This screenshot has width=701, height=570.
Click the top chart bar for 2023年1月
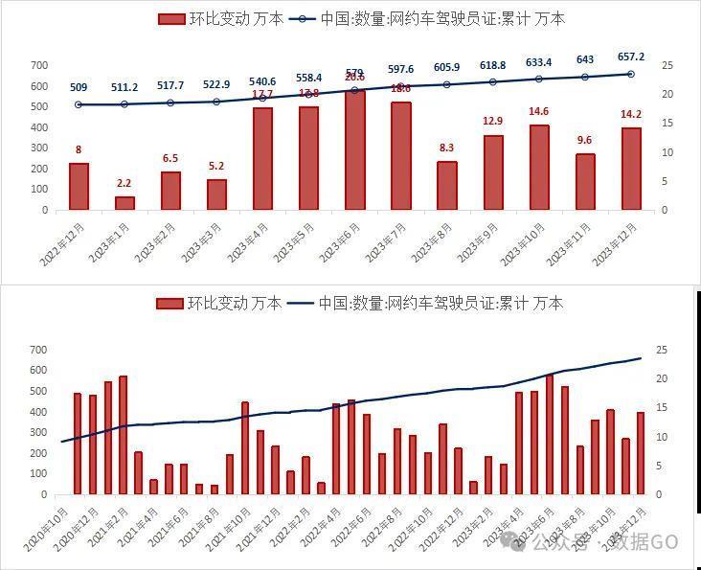[124, 203]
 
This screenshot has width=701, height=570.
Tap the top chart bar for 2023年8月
[446, 186]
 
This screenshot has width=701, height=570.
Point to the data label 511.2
[124, 87]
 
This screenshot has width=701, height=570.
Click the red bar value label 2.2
[124, 183]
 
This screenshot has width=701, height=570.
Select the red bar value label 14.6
[538, 112]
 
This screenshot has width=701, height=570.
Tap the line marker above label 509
[79, 104]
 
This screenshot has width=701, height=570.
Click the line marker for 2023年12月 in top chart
[630, 74]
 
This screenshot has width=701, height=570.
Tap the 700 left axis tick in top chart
[39, 65]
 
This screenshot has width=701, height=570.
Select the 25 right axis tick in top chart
[667, 65]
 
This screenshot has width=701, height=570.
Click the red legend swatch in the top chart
[170, 18]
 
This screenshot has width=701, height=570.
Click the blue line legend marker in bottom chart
[302, 304]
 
